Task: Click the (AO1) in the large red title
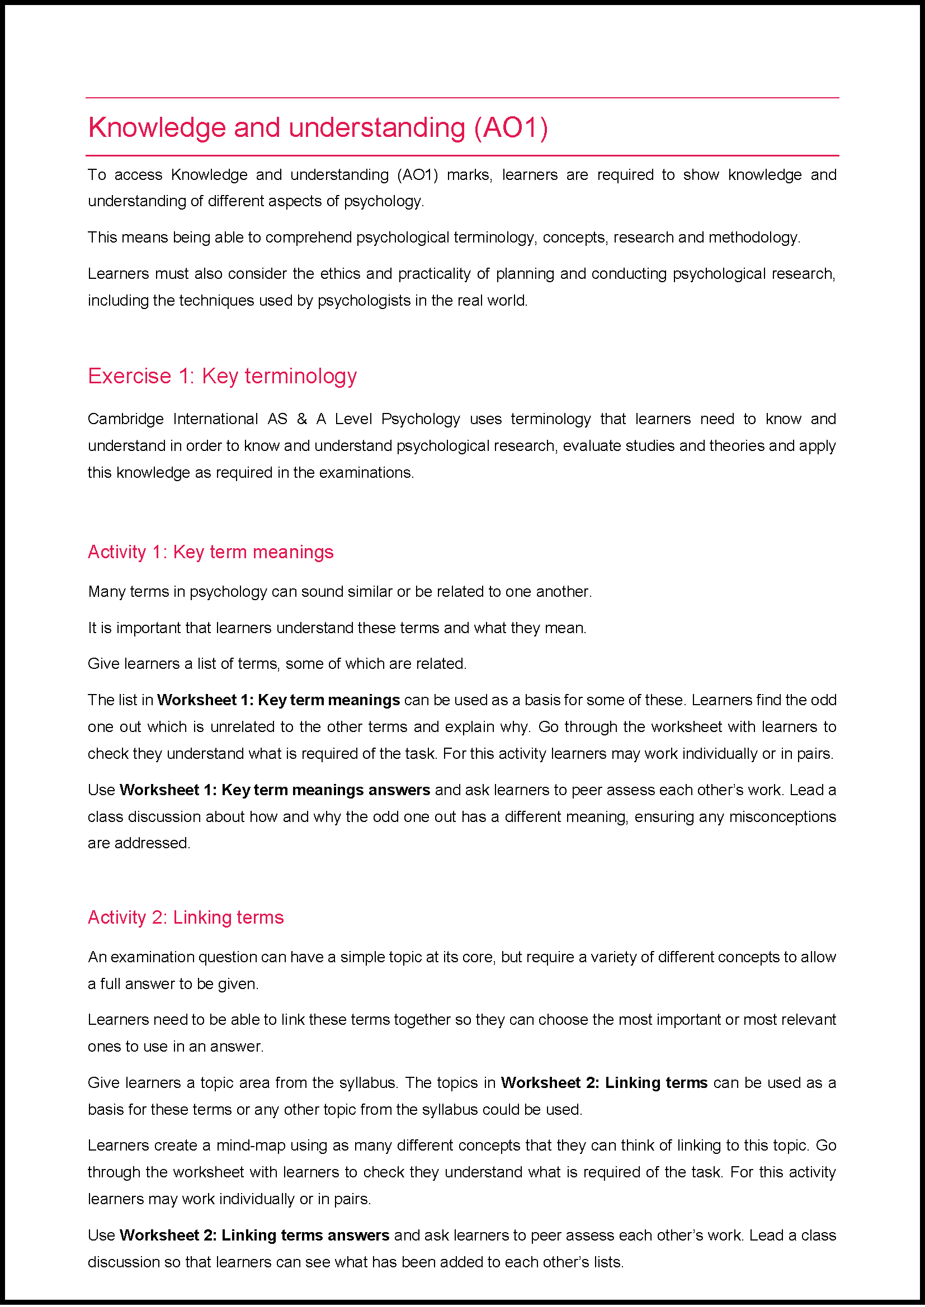pyautogui.click(x=511, y=127)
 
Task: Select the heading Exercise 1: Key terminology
pyautogui.click(x=222, y=376)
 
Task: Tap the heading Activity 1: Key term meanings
pyautogui.click(x=210, y=552)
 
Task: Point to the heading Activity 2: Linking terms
pyautogui.click(x=186, y=918)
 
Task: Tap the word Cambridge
pyautogui.click(x=125, y=419)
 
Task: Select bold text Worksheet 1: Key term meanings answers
pyautogui.click(x=275, y=790)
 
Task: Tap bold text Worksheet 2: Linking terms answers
pyautogui.click(x=254, y=1235)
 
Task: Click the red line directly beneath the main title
pyautogui.click(x=462, y=155)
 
